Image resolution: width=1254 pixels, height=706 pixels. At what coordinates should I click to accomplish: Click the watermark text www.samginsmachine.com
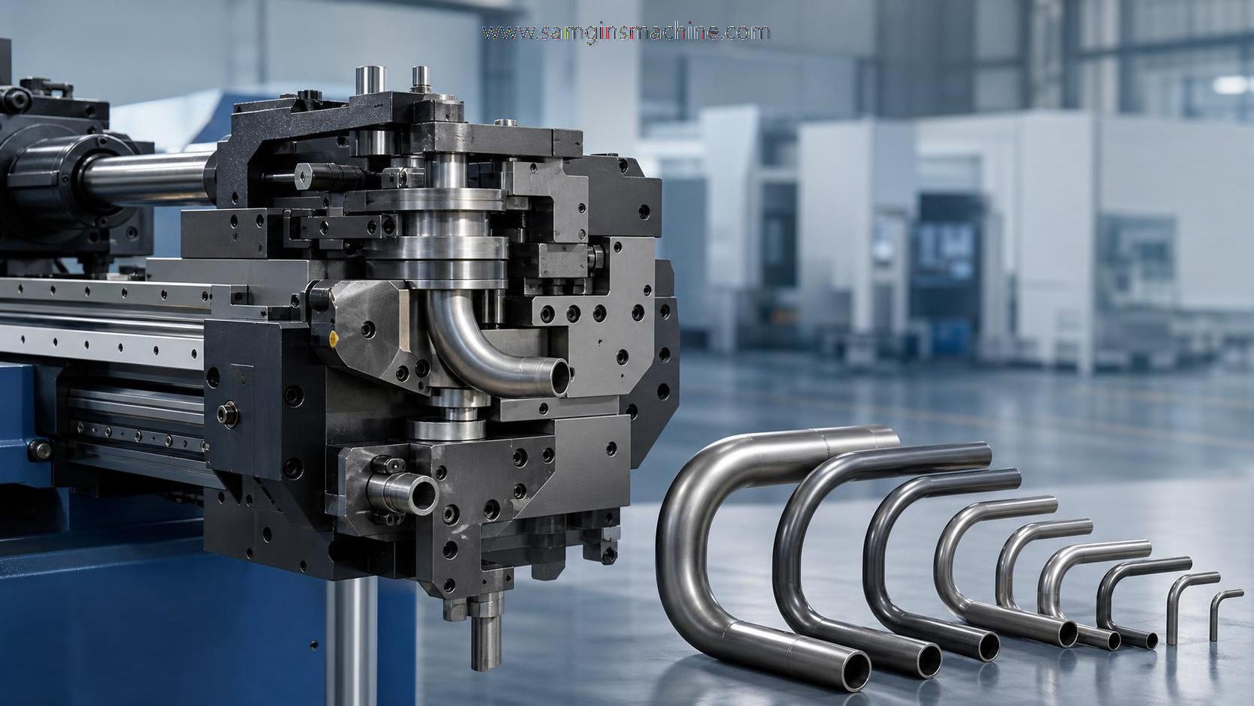[x=626, y=32]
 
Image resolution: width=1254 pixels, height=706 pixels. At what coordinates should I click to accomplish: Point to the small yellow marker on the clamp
[x=334, y=338]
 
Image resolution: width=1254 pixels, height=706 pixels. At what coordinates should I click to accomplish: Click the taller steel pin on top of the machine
[x=370, y=80]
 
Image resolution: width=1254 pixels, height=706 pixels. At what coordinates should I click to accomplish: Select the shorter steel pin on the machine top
[x=421, y=78]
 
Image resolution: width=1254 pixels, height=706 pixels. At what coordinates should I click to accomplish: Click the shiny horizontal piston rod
[x=148, y=178]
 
